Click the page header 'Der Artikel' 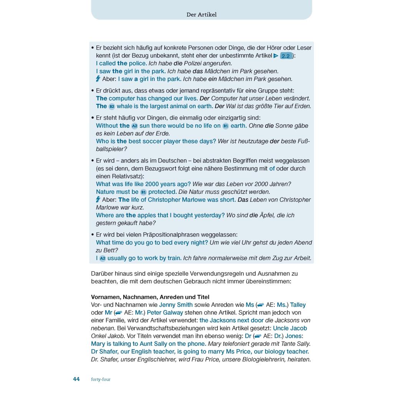pos(201,15)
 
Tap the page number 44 pos(76,379)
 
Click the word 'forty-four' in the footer pos(101,380)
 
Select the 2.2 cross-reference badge pos(286,56)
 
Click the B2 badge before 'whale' pos(112,106)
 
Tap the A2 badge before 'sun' pos(134,126)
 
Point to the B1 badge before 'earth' pos(225,126)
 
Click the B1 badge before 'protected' pos(143,192)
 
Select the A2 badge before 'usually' pos(102,258)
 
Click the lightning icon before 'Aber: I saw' pos(98,79)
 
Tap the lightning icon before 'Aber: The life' pos(98,200)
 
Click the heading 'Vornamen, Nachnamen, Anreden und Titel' pos(150,297)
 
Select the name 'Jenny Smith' pos(176,305)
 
